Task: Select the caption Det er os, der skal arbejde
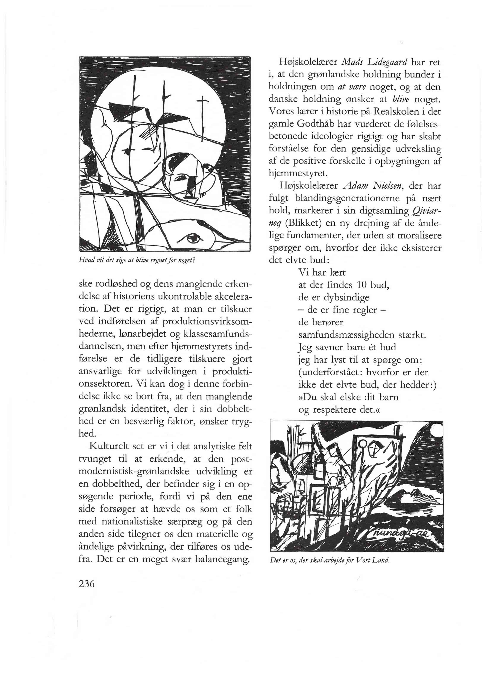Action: [x=329, y=560]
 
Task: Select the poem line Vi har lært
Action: [x=322, y=272]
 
